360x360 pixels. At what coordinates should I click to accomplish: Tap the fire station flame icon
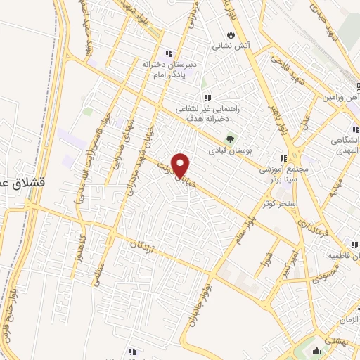[x=231, y=34]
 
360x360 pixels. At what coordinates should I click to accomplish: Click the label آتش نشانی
[x=231, y=47]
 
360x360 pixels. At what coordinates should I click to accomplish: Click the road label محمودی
[x=323, y=271]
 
